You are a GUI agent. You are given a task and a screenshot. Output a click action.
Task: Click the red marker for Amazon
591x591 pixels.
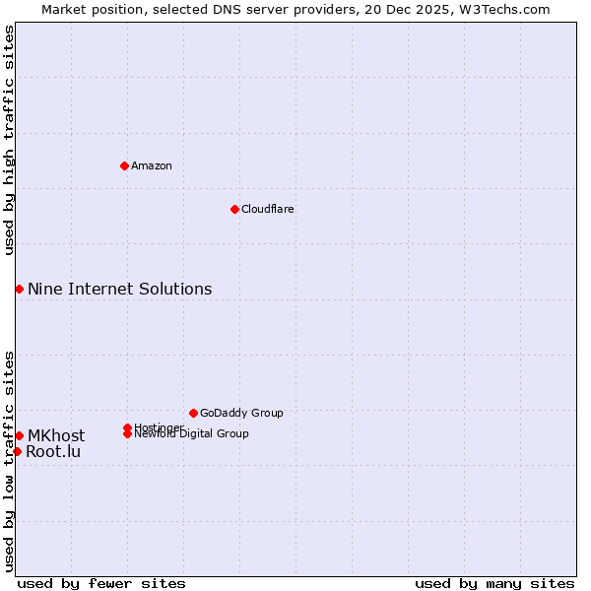click(124, 165)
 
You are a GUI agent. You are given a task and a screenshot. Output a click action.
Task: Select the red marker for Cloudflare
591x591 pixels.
click(234, 209)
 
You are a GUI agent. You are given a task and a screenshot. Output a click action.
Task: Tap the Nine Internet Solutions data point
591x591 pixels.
click(19, 289)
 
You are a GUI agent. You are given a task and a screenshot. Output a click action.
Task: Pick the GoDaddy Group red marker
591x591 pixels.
click(193, 413)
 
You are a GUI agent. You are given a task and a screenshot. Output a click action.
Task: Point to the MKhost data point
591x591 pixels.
click(19, 435)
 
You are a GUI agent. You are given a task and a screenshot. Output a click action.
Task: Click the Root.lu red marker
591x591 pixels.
click(17, 451)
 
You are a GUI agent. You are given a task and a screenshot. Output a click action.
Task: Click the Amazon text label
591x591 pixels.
click(152, 165)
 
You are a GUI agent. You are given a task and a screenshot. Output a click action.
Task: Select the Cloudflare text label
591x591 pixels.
click(268, 209)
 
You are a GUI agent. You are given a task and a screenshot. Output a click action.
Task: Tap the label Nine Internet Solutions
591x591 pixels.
click(120, 289)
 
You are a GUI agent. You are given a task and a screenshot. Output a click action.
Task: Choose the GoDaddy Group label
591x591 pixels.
click(241, 413)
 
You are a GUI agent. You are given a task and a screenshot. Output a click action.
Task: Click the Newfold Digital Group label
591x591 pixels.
click(192, 433)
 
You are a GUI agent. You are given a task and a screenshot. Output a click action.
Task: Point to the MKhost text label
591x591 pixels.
click(56, 435)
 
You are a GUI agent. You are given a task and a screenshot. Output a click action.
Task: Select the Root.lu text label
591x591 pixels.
click(53, 452)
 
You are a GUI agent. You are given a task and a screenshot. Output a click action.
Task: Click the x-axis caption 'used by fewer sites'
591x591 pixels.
click(101, 583)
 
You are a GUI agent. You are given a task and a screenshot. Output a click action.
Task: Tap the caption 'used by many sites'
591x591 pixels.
click(494, 583)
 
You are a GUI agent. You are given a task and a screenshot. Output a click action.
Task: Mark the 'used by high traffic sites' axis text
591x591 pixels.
click(10, 140)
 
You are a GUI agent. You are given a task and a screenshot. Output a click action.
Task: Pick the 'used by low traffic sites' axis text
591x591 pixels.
click(10, 460)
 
